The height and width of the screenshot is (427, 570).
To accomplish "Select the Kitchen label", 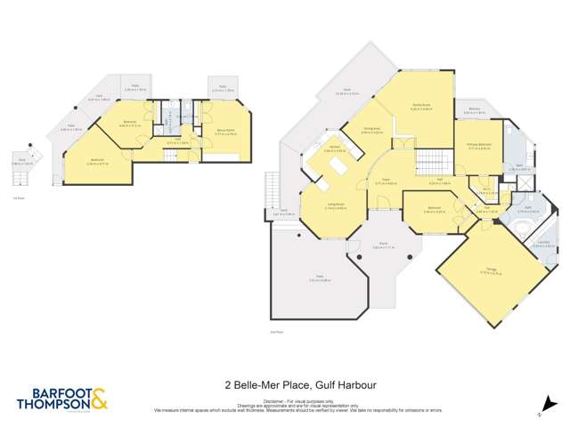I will pos(334,149).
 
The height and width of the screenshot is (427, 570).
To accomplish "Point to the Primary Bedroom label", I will pos(481,146).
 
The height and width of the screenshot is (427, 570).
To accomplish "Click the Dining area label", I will pos(372,130).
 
